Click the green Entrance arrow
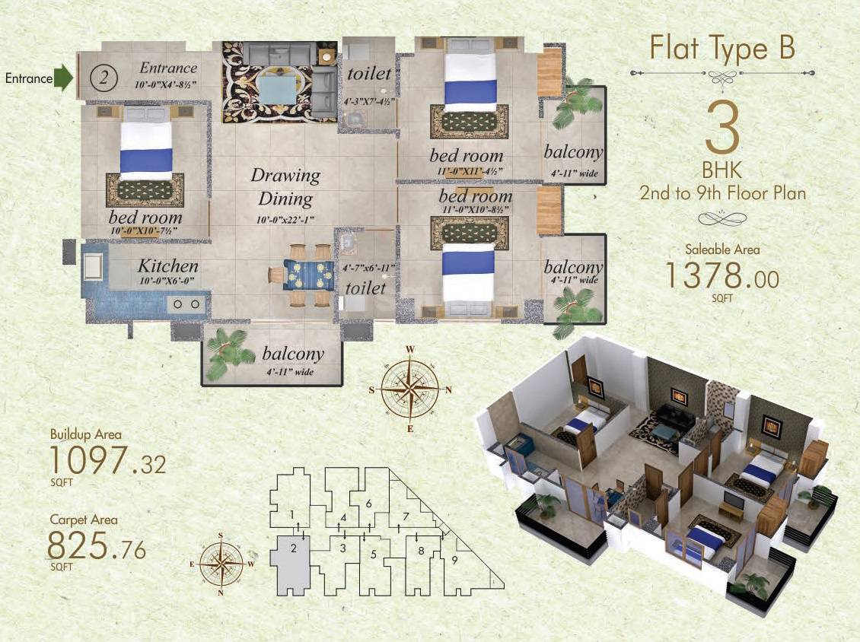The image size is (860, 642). tap(64, 78)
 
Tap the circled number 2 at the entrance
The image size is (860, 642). tap(104, 77)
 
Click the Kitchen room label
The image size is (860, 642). tap(168, 266)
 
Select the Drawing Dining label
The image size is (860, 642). tap(285, 187)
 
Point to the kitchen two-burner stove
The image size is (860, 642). tap(187, 304)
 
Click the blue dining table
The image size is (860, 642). tap(308, 275)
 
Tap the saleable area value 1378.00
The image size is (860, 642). tap(721, 275)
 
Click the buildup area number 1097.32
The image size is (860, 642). tap(107, 462)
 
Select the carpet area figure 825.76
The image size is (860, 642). tap(96, 547)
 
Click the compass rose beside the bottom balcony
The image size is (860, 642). tap(410, 388)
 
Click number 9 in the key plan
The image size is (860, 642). tap(454, 561)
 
